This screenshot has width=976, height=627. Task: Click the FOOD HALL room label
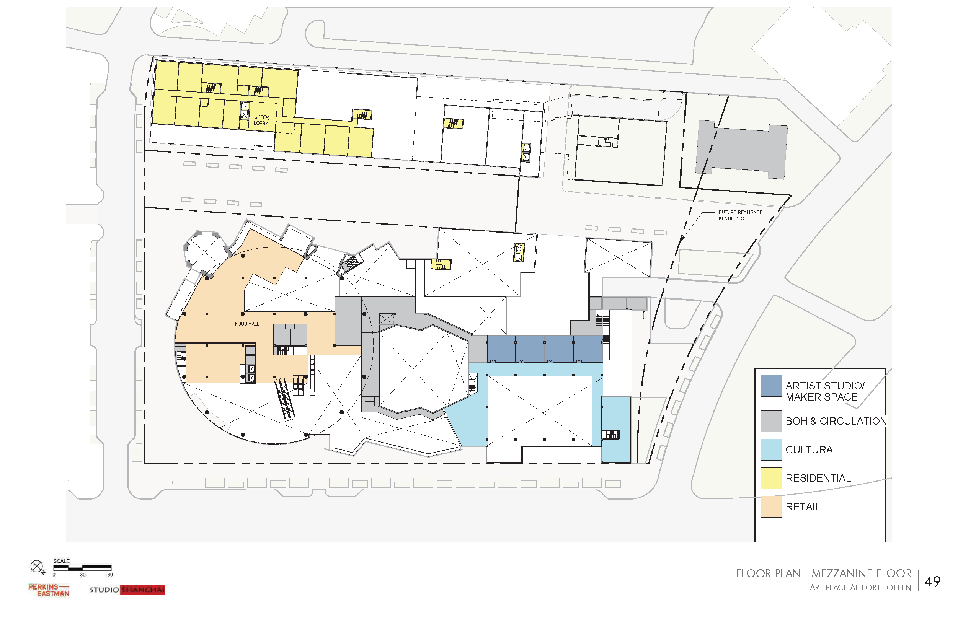247,324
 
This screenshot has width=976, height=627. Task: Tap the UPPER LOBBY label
261,120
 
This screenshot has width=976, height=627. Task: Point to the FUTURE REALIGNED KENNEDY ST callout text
741,215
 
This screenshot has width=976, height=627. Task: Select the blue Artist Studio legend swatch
771,386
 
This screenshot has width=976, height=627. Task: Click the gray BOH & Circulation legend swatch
771,421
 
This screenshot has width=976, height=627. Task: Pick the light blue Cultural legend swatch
771,449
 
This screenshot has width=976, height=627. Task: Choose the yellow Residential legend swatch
771,478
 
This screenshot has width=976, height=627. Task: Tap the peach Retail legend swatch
771,506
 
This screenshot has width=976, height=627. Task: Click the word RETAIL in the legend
803,507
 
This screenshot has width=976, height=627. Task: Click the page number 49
932,581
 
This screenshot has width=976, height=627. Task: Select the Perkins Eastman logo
49,590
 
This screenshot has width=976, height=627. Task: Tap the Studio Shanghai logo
127,590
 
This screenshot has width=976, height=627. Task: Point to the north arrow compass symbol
37,567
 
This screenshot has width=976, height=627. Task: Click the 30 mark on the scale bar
83,575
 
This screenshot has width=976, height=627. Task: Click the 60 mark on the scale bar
110,575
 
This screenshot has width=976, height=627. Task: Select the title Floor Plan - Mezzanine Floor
824,573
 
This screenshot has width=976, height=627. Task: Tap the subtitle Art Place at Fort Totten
860,588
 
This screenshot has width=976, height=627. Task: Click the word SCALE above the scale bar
62,561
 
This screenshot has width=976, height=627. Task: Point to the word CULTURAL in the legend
811,450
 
